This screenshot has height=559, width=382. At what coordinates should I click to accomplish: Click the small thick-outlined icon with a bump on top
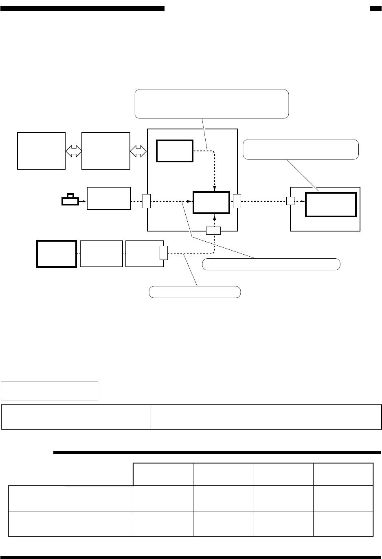(x=71, y=200)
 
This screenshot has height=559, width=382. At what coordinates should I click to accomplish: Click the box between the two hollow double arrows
(x=105, y=151)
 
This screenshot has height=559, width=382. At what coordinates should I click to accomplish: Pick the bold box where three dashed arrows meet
(x=211, y=202)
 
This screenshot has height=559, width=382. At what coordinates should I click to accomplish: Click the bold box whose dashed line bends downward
(x=174, y=151)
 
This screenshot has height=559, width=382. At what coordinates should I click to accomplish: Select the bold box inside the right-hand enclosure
(x=331, y=205)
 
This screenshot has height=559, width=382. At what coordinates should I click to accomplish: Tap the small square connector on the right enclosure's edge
(x=290, y=201)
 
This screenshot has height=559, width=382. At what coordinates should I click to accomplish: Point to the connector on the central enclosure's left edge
(x=147, y=201)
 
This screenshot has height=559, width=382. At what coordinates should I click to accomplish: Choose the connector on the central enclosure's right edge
(x=237, y=201)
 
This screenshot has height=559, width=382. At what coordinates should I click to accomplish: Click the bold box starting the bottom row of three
(x=57, y=253)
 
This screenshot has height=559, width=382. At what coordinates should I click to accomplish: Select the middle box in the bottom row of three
(x=101, y=253)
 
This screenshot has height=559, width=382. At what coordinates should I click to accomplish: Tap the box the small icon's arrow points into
(x=108, y=198)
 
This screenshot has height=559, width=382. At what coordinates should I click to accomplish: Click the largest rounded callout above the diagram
(x=212, y=104)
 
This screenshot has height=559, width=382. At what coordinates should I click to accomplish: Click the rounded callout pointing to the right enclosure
(x=301, y=149)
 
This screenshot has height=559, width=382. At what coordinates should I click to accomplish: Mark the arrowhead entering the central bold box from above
(x=215, y=188)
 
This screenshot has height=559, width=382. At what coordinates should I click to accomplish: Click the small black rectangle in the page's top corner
(x=375, y=9)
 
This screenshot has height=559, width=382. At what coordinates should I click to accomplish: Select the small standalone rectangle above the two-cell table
(x=50, y=391)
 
